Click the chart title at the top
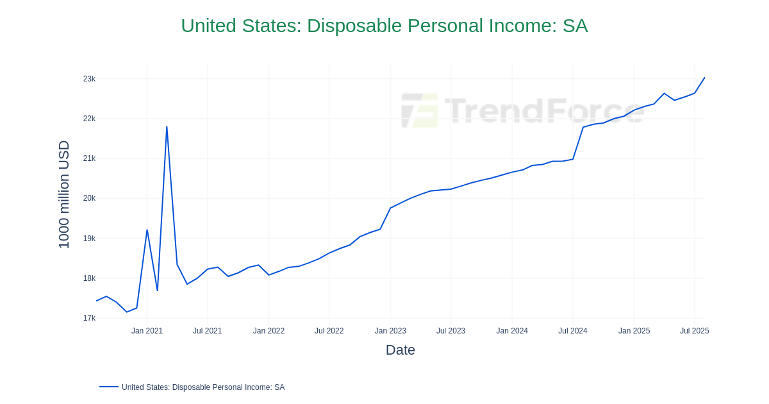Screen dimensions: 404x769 point(384,26)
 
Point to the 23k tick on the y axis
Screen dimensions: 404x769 point(89,79)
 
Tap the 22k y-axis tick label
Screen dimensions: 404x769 point(89,119)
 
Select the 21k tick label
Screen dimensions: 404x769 point(89,158)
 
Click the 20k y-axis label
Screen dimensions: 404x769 point(89,198)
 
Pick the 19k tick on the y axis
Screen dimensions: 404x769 point(89,239)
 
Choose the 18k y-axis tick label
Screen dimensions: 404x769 point(89,278)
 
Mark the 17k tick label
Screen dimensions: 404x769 point(89,318)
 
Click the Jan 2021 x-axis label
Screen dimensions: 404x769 point(147,331)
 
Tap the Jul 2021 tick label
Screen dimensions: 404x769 point(207,331)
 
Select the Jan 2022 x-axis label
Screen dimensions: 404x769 point(269,331)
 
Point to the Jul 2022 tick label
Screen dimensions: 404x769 point(329,331)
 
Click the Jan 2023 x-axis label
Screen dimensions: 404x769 point(390,331)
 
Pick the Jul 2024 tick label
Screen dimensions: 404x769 point(572,331)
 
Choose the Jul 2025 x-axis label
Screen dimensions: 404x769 point(694,331)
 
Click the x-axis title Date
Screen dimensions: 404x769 point(400,350)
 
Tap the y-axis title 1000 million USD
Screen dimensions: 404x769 point(64,194)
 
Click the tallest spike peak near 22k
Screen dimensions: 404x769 point(167,127)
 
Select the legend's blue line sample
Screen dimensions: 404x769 point(109,387)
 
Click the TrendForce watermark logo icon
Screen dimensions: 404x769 point(420,110)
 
